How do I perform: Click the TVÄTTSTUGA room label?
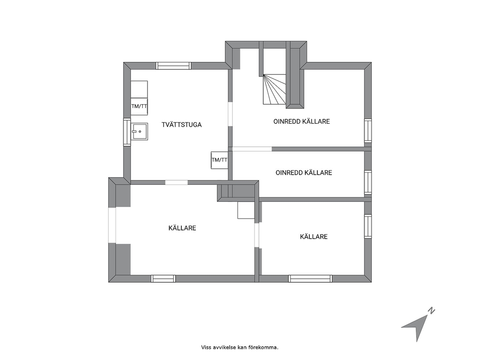point(181,124)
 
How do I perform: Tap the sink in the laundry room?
point(139,131)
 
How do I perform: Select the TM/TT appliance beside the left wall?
point(139,106)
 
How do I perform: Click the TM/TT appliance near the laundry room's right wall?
point(220,160)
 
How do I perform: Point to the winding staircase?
point(274,90)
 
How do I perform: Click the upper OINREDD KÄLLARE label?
point(301,121)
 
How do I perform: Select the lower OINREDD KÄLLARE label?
point(304,173)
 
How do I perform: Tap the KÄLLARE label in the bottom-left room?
point(182,228)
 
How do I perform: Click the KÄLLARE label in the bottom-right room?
point(314,237)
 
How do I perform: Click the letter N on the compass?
point(431,311)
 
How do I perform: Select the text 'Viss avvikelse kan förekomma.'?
point(240,347)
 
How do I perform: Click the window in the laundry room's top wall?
point(174,66)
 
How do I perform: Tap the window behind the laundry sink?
point(127,132)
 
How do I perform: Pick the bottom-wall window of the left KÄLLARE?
point(163,278)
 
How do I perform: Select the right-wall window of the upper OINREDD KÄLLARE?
point(368,131)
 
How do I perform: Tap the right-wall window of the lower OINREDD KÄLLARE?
point(368,182)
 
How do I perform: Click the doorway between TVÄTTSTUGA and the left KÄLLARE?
point(177,182)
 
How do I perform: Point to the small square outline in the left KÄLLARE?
point(246,210)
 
